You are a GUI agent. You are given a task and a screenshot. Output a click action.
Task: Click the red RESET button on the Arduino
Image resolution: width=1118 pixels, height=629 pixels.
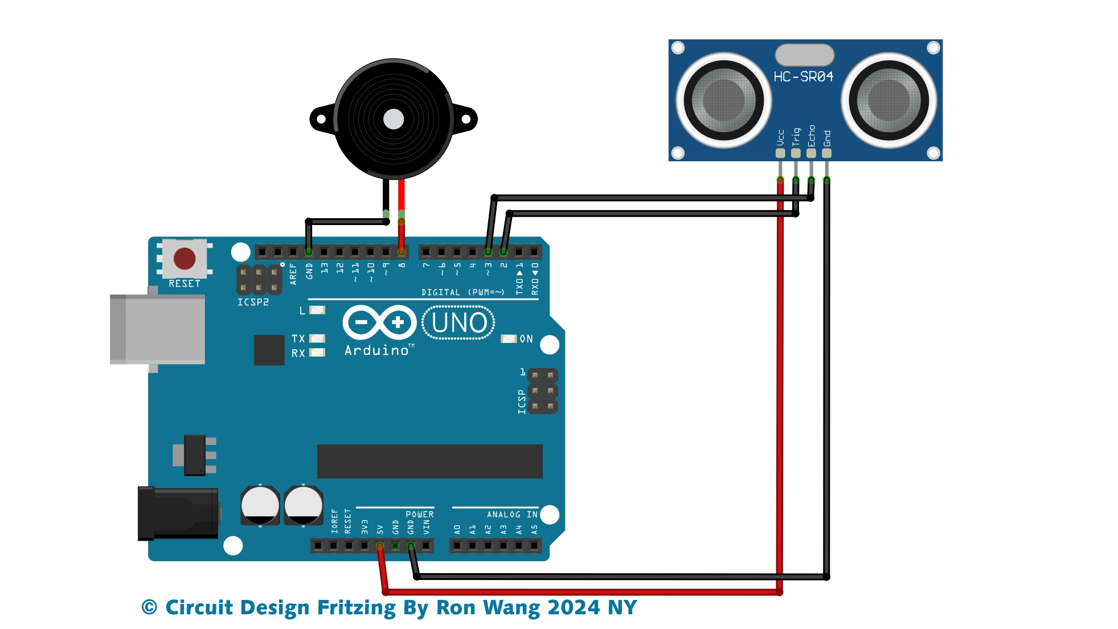tap(185, 259)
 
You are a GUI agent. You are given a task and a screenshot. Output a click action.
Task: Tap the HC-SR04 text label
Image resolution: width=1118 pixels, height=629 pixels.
tap(803, 76)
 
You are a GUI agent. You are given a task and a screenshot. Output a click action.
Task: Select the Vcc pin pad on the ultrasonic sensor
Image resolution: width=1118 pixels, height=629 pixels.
tap(780, 153)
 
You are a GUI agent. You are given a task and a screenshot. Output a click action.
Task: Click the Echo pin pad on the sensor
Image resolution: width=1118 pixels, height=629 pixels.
tap(811, 153)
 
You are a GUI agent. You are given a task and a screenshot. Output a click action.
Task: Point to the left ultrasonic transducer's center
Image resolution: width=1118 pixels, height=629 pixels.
tap(723, 100)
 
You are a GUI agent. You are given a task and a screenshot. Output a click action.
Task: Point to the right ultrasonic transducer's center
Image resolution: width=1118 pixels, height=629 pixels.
tap(888, 100)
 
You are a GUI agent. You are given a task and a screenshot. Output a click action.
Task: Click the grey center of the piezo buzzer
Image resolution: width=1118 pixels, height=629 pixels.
tap(394, 119)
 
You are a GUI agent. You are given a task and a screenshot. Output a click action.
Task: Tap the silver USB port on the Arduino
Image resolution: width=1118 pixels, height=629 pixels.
tap(158, 329)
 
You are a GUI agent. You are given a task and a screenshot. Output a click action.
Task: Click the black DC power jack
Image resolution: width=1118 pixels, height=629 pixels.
tap(178, 513)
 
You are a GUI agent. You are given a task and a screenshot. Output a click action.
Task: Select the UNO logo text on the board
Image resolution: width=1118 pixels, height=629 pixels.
tap(458, 323)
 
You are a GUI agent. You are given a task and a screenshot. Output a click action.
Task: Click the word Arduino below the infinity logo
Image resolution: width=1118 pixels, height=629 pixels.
tap(376, 350)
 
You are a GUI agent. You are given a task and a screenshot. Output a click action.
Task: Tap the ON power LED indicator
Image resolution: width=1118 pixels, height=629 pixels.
tap(508, 339)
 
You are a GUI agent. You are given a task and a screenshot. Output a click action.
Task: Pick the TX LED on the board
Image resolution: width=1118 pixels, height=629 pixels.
tap(317, 338)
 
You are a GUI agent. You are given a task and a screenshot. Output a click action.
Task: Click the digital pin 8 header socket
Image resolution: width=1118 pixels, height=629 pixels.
tap(402, 252)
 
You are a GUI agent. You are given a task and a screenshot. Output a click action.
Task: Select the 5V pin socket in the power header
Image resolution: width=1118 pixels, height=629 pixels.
tap(380, 546)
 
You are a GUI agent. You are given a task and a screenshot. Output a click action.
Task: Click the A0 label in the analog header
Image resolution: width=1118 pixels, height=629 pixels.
tap(457, 529)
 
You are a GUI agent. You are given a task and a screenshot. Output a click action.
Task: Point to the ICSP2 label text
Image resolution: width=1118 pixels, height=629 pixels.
tap(253, 302)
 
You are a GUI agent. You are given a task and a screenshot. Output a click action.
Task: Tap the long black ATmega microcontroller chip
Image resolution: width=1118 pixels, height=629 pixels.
tap(429, 461)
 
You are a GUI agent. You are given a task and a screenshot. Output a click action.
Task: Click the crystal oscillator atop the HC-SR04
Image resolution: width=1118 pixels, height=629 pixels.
tap(804, 55)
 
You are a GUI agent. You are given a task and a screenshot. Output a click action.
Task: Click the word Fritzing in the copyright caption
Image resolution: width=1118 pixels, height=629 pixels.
tap(356, 608)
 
